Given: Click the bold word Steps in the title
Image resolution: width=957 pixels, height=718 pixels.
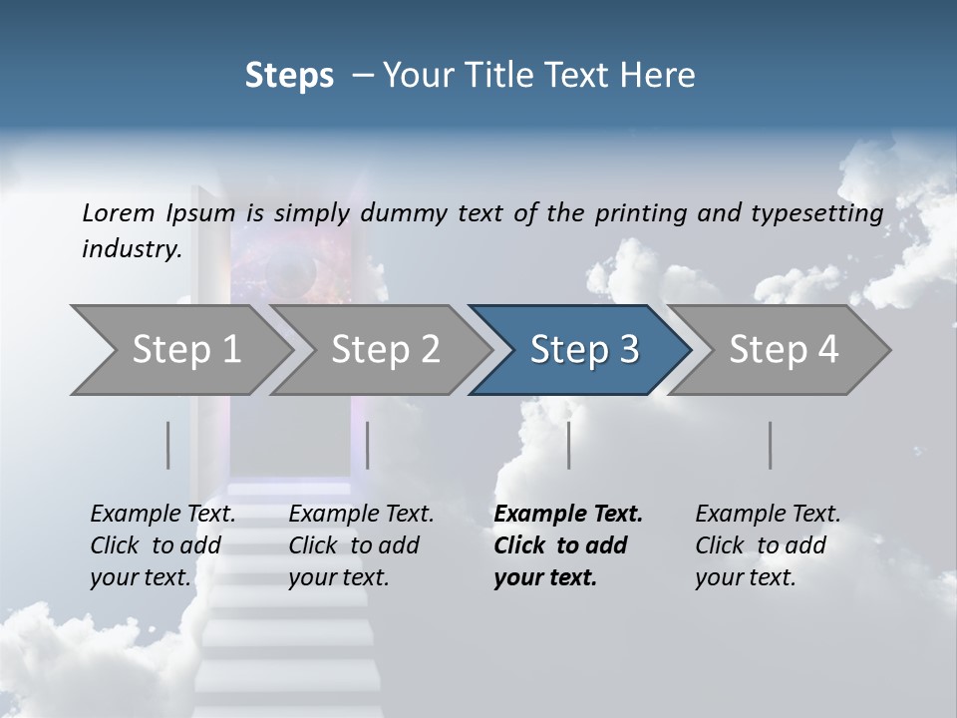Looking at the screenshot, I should tap(289, 76).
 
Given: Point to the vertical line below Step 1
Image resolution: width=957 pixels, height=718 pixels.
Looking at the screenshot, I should tap(168, 445).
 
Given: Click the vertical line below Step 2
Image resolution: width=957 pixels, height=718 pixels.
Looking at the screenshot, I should tap(368, 445).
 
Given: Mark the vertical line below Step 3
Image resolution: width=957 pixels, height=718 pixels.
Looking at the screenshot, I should tap(569, 445).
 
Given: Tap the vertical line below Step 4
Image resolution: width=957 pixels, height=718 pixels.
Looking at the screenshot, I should tap(771, 445).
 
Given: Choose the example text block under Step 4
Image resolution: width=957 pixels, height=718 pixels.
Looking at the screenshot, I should tap(768, 545).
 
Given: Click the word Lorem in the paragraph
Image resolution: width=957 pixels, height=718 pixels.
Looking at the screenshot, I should tap(118, 213).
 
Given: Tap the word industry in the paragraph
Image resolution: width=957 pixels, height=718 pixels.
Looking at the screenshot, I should tap(131, 249).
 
